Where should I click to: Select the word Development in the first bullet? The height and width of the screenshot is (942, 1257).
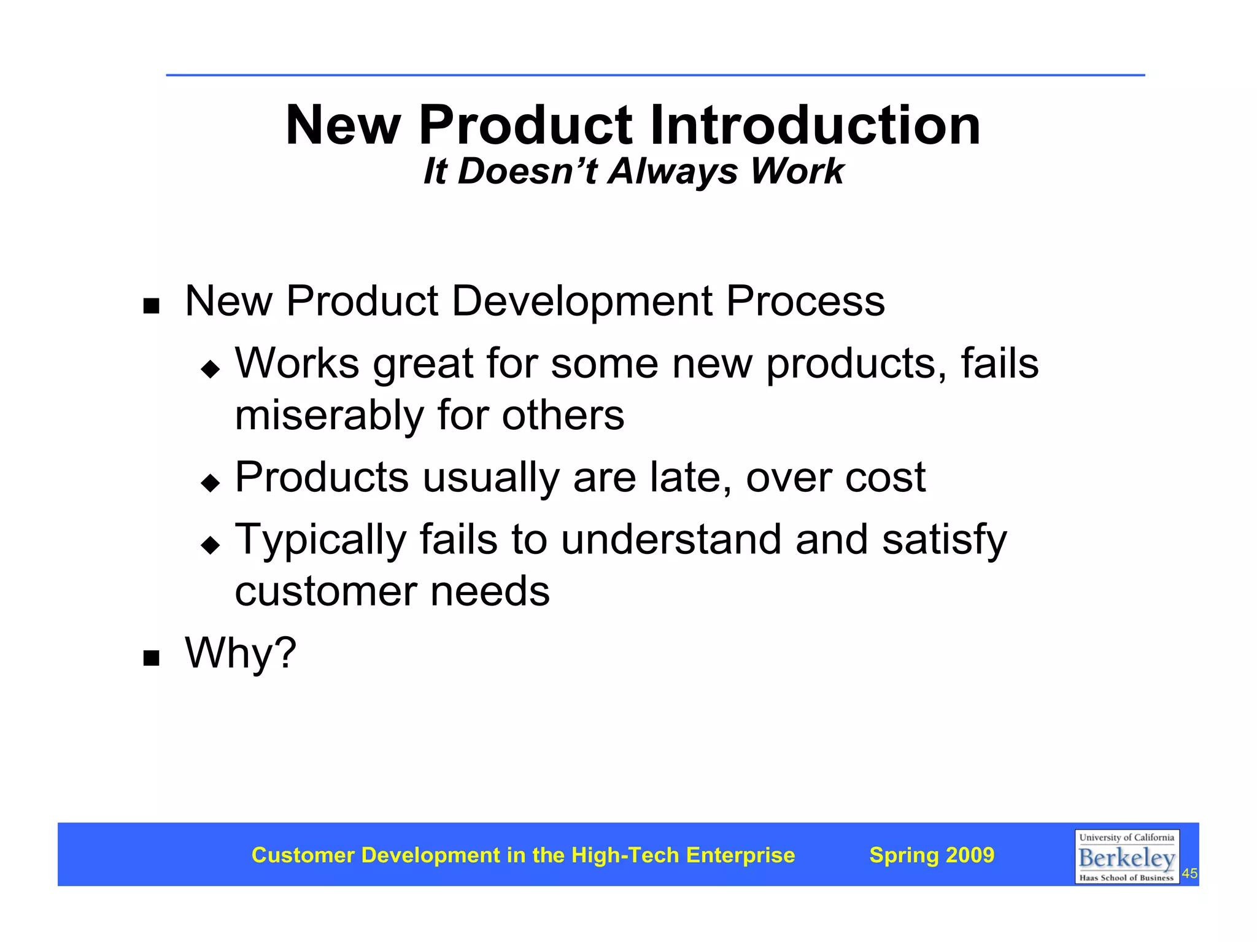(582, 302)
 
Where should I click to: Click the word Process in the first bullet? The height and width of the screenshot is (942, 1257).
(805, 302)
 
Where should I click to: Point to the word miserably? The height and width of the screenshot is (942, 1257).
(329, 416)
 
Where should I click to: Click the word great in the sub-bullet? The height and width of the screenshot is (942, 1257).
(423, 364)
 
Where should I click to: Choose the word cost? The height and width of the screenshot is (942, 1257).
(884, 477)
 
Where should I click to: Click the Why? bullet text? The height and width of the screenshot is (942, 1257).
(241, 653)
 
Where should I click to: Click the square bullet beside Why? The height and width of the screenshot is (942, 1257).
(151, 658)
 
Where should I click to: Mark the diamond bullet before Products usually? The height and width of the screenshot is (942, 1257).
(210, 483)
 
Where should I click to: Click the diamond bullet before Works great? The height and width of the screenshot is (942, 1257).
(210, 369)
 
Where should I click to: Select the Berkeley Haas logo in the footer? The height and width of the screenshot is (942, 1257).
(1126, 857)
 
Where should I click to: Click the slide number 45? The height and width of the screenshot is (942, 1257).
(1189, 874)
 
